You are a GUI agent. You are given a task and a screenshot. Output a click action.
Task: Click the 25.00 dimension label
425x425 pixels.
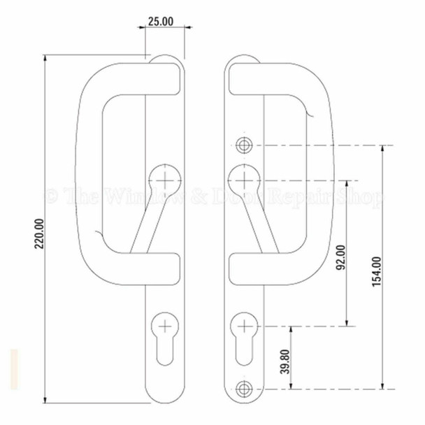tap(159, 22)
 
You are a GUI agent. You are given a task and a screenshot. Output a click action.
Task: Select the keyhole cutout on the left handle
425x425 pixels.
tap(162, 338)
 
